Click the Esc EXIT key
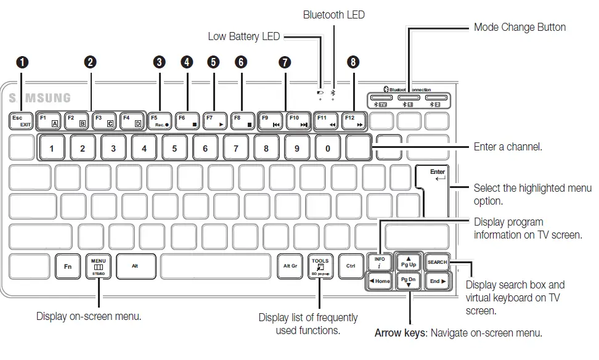pyautogui.click(x=22, y=120)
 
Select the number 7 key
pyautogui.click(x=235, y=148)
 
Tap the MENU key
pyautogui.click(x=99, y=266)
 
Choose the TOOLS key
pyautogui.click(x=320, y=266)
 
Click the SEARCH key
pyautogui.click(x=438, y=263)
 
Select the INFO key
pyautogui.click(x=380, y=263)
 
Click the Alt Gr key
pyautogui.click(x=290, y=266)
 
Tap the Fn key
pyautogui.click(x=68, y=266)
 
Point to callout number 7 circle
pyautogui.click(x=284, y=62)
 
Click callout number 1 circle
pyautogui.click(x=22, y=62)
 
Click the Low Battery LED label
pyautogui.click(x=243, y=36)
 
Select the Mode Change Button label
pyautogui.click(x=520, y=27)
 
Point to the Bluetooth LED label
pyautogui.click(x=333, y=15)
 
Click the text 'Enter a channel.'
pyautogui.click(x=508, y=148)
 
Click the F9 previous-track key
pyautogui.click(x=270, y=120)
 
